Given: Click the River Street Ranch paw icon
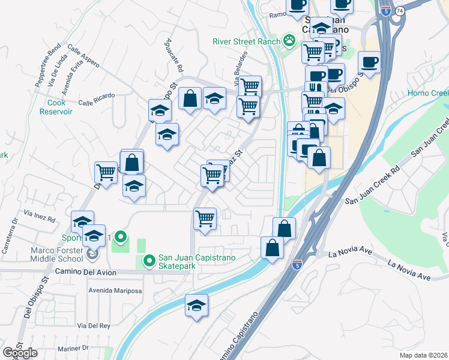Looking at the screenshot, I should coord(290,41).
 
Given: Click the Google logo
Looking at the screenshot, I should coord(20,353).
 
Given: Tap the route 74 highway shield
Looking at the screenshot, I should coord(399,11).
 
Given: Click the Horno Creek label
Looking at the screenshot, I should coord(428,93).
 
